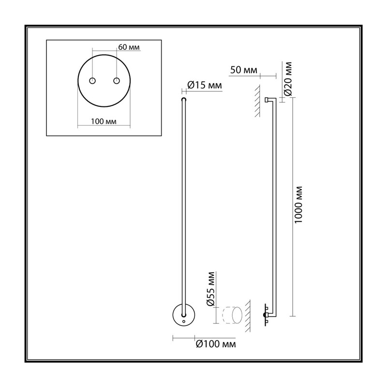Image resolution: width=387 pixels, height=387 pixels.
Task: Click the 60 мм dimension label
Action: pos(129,47)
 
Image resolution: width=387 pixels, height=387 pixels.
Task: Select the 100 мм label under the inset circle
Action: pos(104,121)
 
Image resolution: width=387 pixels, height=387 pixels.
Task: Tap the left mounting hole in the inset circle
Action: pos(92,81)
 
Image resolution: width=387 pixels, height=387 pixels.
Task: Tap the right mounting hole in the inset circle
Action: pos(117,81)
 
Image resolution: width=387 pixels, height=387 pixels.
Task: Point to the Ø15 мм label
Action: pos(205,85)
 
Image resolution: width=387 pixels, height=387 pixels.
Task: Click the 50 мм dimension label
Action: pos(244,70)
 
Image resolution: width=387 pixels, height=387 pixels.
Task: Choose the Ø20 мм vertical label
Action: pos(288,79)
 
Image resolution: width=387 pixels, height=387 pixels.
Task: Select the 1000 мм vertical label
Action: pos(298,205)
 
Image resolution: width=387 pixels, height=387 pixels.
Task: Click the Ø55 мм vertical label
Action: pos(211,289)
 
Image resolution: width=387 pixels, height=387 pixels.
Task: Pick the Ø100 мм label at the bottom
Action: pos(216,344)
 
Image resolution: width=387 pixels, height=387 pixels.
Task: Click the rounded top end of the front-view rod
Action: pos(184,100)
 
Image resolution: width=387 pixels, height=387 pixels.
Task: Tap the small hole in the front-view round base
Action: pos(184,322)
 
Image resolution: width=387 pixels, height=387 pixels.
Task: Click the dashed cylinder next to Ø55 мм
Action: pos(233,315)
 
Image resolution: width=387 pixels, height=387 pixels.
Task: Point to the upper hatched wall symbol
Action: pos(257,101)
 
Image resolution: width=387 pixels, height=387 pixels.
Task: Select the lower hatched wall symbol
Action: pos(247,316)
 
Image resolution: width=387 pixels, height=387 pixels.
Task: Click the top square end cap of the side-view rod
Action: pos(267,100)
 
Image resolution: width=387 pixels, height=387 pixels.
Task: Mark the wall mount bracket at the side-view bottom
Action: pos(266,315)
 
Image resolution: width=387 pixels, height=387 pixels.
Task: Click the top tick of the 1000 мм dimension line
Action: pos(293,98)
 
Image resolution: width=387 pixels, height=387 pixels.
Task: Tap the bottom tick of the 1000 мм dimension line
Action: pos(293,316)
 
